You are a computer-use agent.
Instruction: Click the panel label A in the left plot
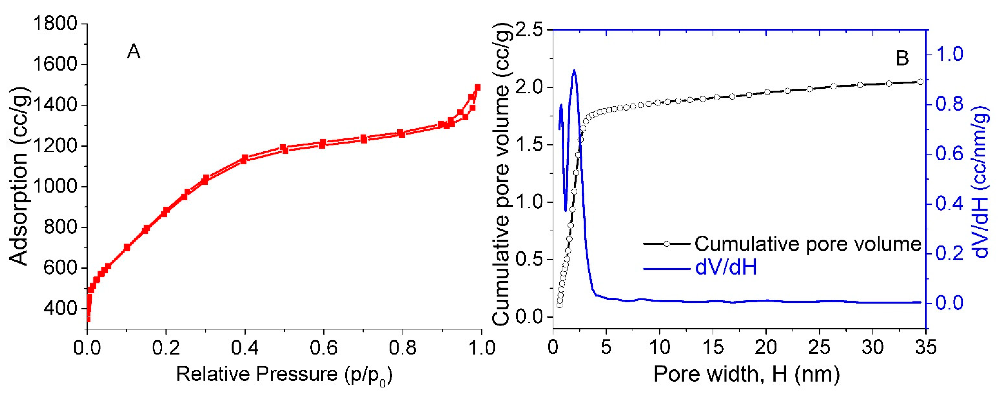pyautogui.click(x=134, y=52)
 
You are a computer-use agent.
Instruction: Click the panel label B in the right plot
pyautogui.click(x=902, y=58)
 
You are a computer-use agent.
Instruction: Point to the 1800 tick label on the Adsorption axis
pyautogui.click(x=56, y=24)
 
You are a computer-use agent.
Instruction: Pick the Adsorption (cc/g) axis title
pyautogui.click(x=19, y=175)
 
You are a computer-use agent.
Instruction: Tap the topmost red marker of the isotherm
pyautogui.click(x=477, y=87)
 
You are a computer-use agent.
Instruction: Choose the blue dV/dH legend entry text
pyautogui.click(x=726, y=268)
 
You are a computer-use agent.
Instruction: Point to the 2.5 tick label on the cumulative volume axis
pyautogui.click(x=530, y=30)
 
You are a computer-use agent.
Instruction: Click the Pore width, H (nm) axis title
pyautogui.click(x=746, y=375)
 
